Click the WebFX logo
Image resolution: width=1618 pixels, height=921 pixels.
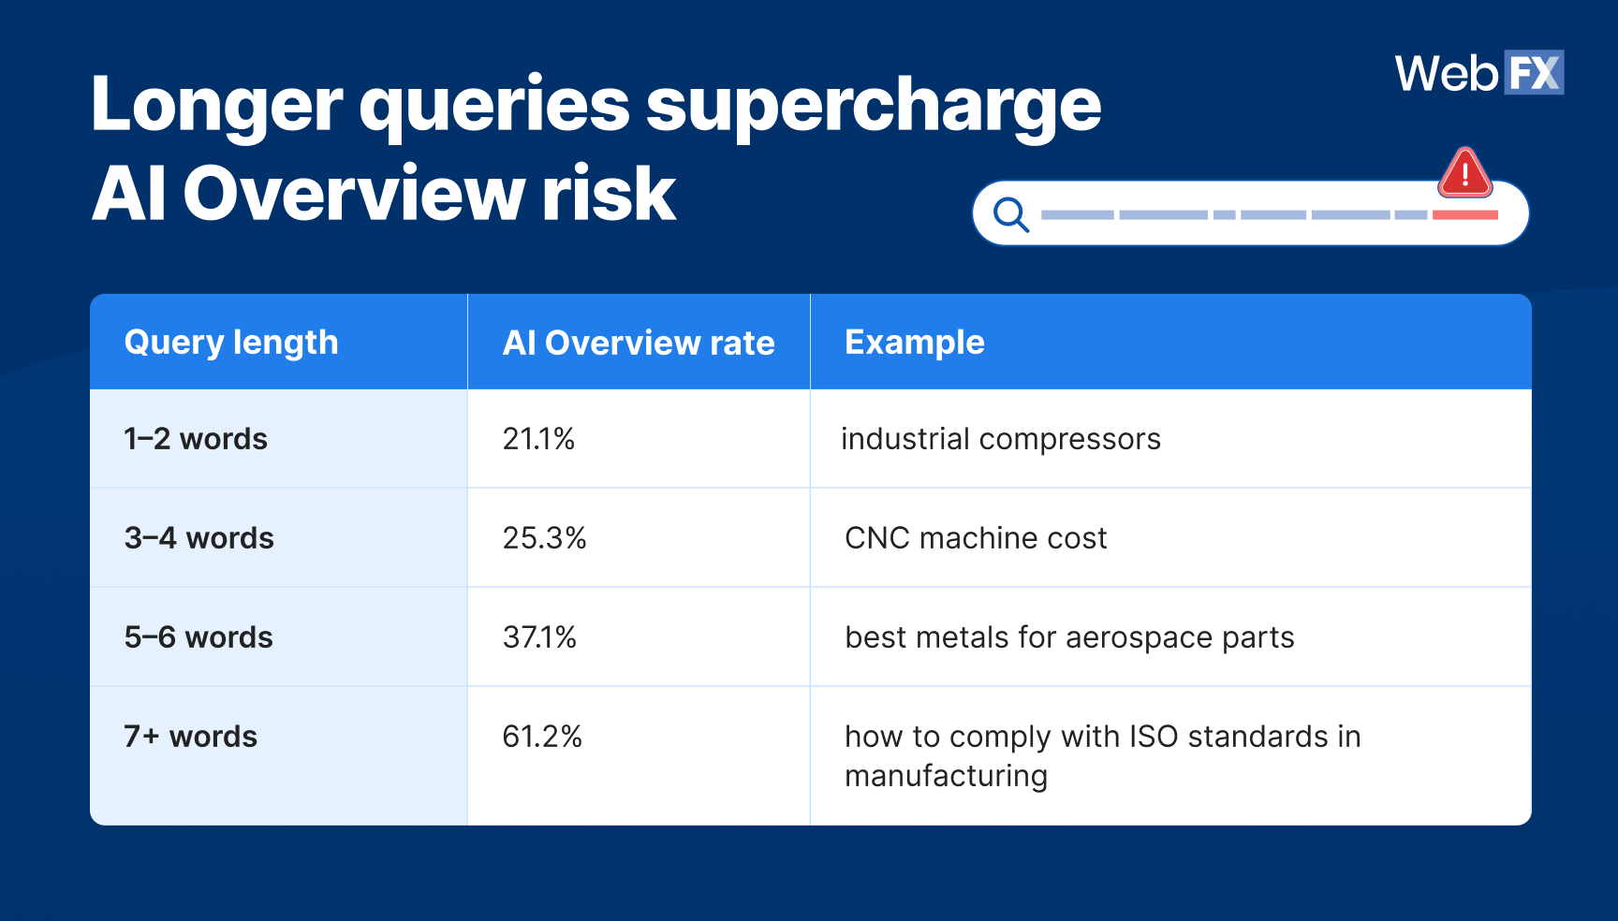click(x=1479, y=73)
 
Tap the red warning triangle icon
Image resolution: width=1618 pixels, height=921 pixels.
click(x=1465, y=173)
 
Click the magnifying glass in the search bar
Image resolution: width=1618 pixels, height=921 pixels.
click(x=1011, y=214)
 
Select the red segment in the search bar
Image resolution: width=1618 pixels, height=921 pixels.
click(x=1465, y=215)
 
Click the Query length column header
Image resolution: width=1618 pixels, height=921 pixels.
click(x=231, y=343)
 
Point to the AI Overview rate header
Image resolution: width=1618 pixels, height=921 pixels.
click(x=639, y=344)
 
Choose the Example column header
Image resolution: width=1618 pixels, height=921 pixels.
click(x=915, y=343)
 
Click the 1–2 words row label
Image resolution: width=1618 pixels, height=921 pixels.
click(x=196, y=439)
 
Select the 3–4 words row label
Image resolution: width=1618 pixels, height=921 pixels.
click(x=199, y=538)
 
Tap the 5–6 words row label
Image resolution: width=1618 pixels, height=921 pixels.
click(x=199, y=637)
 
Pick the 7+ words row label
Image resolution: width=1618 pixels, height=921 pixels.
click(x=191, y=737)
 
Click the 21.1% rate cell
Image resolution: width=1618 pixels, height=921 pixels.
click(x=538, y=439)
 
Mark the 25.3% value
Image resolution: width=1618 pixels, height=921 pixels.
click(x=544, y=538)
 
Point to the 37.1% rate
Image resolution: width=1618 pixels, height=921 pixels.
click(x=539, y=637)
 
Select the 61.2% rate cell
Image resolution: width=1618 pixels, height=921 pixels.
click(x=542, y=737)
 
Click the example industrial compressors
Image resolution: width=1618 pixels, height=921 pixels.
click(x=1001, y=439)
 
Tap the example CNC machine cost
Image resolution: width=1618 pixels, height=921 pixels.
click(x=976, y=538)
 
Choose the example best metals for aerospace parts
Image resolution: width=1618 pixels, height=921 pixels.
click(x=1069, y=637)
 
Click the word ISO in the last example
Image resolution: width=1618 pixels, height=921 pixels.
click(x=1154, y=737)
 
